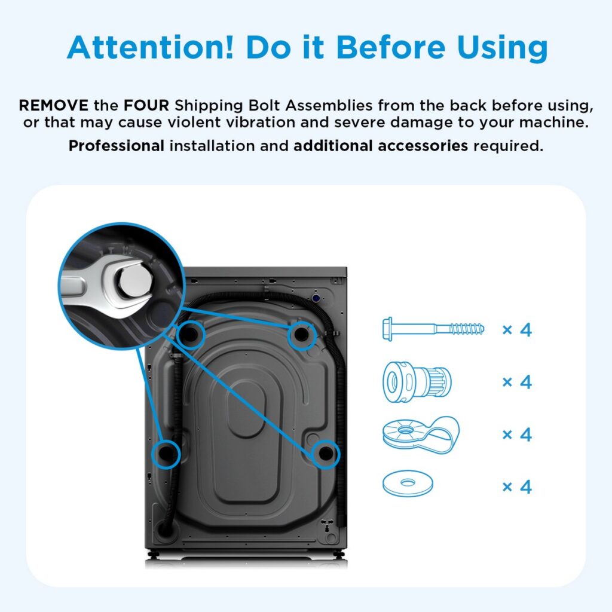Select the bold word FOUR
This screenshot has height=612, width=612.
click(146, 106)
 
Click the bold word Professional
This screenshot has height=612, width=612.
click(116, 145)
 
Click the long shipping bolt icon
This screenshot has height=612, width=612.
click(433, 329)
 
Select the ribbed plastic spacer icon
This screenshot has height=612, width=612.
click(417, 380)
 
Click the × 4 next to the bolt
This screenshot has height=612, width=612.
click(516, 329)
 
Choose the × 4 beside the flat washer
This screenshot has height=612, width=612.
click(516, 486)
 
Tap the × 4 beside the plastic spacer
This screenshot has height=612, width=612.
click(516, 381)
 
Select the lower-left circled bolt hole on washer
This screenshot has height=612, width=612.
click(166, 454)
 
